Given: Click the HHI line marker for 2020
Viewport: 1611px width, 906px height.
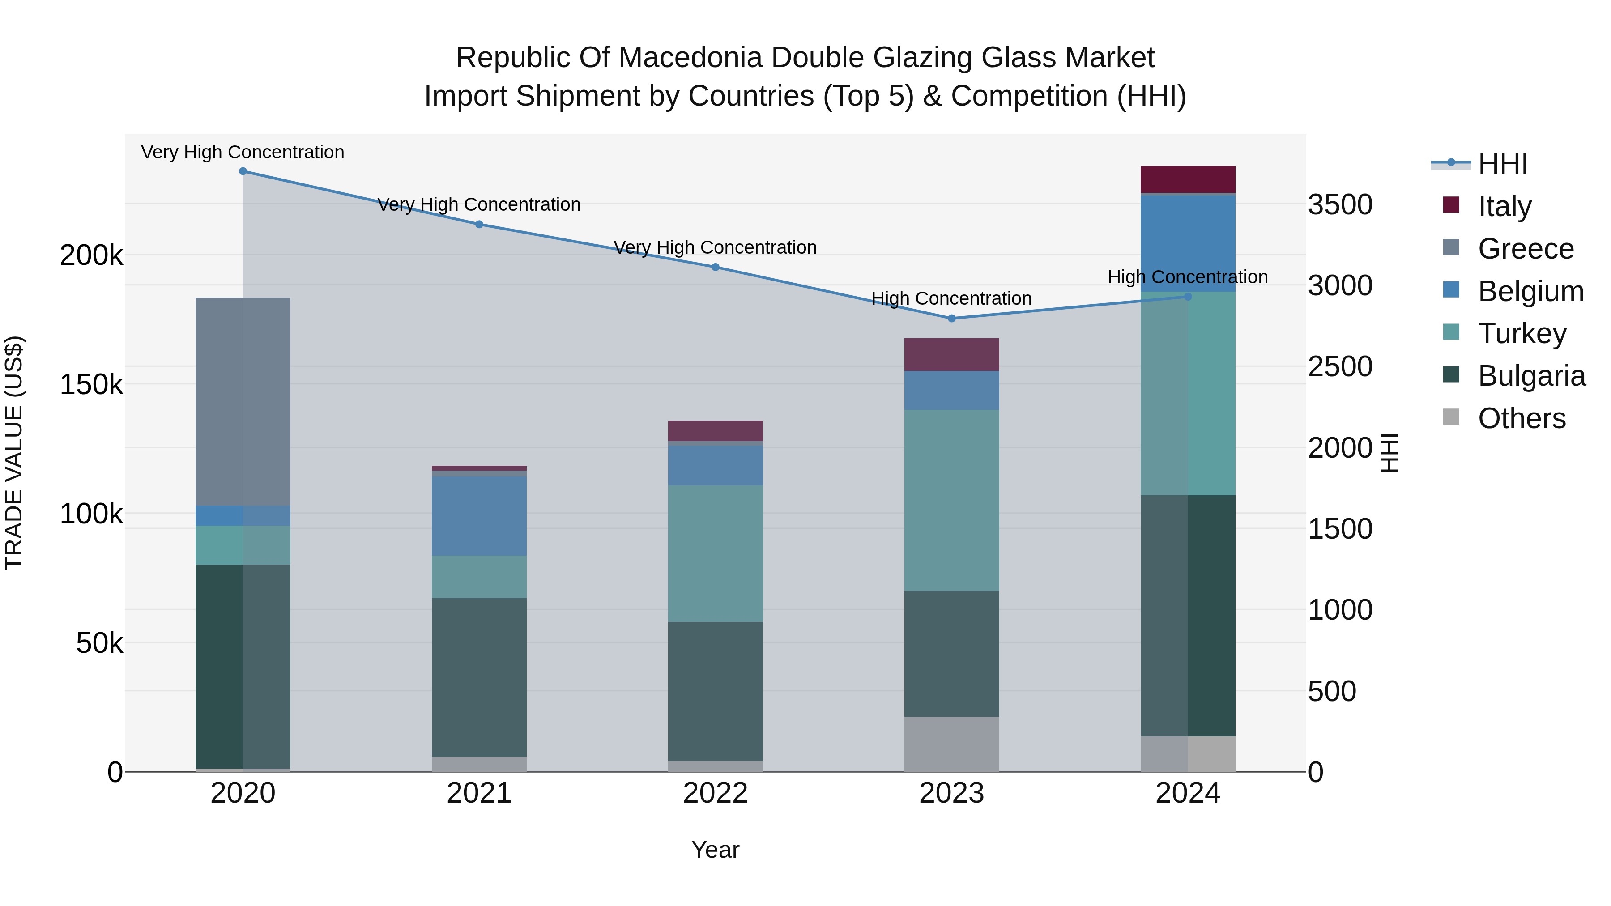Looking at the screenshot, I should click(x=243, y=171).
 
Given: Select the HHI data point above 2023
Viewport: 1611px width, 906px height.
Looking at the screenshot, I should click(x=952, y=318).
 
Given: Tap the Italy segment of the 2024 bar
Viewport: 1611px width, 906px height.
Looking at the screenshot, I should click(x=1188, y=179).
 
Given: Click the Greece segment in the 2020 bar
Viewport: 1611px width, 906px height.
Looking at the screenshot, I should click(x=243, y=401).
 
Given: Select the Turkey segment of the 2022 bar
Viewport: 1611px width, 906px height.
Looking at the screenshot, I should click(x=716, y=553).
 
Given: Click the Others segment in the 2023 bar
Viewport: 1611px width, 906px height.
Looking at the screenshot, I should click(x=952, y=744).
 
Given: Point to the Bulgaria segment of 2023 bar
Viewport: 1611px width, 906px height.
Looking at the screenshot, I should click(x=952, y=653).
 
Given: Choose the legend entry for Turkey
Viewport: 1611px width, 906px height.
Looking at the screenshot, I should click(x=1521, y=333).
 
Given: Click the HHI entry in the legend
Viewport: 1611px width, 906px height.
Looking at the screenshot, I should click(x=1502, y=164).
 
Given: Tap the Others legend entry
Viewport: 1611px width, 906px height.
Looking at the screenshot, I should click(x=1521, y=418).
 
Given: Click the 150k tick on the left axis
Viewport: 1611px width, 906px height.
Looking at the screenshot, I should click(x=91, y=384).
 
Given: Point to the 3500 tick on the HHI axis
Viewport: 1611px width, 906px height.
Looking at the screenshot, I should click(x=1340, y=204).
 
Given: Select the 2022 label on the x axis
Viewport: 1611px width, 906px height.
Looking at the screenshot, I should click(x=716, y=793).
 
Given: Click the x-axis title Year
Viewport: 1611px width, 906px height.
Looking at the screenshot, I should click(x=716, y=850).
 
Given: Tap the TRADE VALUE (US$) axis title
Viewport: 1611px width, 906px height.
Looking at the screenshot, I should click(x=14, y=453).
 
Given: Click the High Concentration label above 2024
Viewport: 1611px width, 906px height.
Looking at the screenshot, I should click(x=1188, y=277).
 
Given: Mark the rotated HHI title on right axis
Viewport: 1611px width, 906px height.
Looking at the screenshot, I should click(x=1389, y=453).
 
